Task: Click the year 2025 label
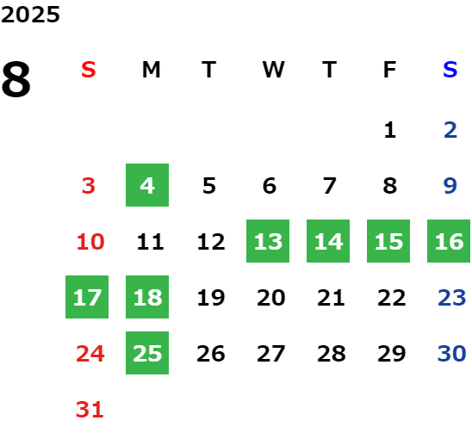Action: pyautogui.click(x=30, y=15)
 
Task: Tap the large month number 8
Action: pyautogui.click(x=16, y=79)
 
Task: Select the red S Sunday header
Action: pyautogui.click(x=89, y=70)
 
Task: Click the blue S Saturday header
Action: pyautogui.click(x=450, y=70)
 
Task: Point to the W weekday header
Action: pyautogui.click(x=273, y=70)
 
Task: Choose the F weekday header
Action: pyautogui.click(x=389, y=70)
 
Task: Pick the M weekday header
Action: pyautogui.click(x=151, y=70)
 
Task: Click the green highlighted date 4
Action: pyautogui.click(x=147, y=185)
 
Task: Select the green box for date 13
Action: pyautogui.click(x=268, y=241)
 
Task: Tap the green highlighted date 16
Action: pyautogui.click(x=449, y=241)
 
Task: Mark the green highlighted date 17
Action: pyautogui.click(x=87, y=297)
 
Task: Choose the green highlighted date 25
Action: pyautogui.click(x=147, y=353)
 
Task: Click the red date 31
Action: pyautogui.click(x=90, y=409)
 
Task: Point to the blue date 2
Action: pyautogui.click(x=450, y=130)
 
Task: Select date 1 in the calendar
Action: pyautogui.click(x=390, y=130)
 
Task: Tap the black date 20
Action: pyautogui.click(x=271, y=297)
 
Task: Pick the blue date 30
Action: pyautogui.click(x=452, y=353)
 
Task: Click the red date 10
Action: pyautogui.click(x=90, y=241)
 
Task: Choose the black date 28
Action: pyautogui.click(x=332, y=353)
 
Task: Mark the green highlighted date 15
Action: pyautogui.click(x=388, y=241)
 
